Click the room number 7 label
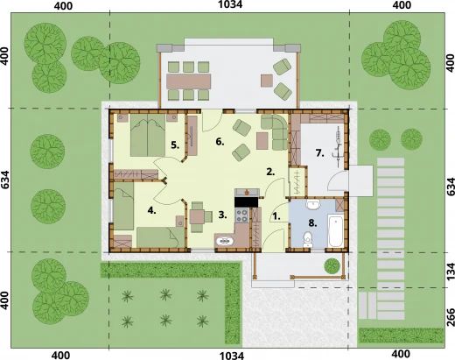click(320, 153)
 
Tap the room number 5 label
click(175, 145)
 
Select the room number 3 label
click(222, 213)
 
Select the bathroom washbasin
click(311, 207)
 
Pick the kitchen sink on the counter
click(221, 237)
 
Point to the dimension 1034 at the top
click(231, 7)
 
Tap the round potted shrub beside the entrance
click(332, 264)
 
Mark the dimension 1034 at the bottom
click(231, 355)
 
